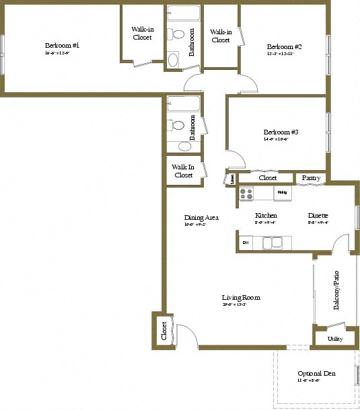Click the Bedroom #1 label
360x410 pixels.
(x=63, y=45)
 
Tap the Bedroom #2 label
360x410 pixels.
(x=284, y=46)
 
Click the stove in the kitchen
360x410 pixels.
(x=246, y=194)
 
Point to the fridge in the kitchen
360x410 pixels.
(x=283, y=194)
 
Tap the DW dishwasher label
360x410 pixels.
(x=246, y=243)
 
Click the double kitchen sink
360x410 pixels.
(x=273, y=243)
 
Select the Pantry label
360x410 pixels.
(x=310, y=178)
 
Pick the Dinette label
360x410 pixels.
(x=318, y=216)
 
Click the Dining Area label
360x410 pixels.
(x=201, y=218)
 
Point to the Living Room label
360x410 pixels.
(x=241, y=298)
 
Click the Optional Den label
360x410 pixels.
(x=316, y=374)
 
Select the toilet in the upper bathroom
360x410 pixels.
(x=178, y=34)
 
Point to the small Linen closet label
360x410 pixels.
(x=232, y=179)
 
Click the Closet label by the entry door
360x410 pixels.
(x=164, y=330)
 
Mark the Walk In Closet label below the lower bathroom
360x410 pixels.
(x=183, y=171)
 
